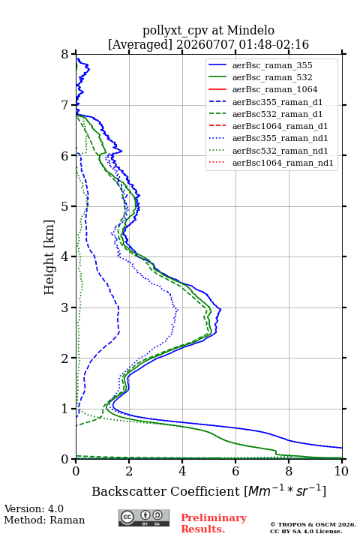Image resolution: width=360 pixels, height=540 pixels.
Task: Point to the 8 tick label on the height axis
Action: tap(65, 54)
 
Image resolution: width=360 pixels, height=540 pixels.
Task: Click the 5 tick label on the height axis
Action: tap(65, 206)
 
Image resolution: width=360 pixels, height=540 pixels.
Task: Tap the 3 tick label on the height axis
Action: tap(65, 307)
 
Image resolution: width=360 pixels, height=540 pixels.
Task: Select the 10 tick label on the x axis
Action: tap(341, 471)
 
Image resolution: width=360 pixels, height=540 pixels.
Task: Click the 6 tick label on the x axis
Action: tap(235, 471)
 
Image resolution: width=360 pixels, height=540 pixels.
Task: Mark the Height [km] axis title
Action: tap(49, 257)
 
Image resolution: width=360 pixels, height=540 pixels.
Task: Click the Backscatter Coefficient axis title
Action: tap(208, 490)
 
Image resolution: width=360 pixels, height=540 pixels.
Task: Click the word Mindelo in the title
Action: tap(250, 31)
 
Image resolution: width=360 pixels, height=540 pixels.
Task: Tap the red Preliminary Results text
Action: tap(214, 523)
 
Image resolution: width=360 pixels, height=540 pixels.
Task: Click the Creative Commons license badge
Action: tap(144, 517)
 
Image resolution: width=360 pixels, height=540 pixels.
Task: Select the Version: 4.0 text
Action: tap(34, 508)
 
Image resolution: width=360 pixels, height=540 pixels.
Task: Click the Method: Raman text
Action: tap(44, 520)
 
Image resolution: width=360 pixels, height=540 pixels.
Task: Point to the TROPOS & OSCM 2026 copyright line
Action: tap(313, 524)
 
